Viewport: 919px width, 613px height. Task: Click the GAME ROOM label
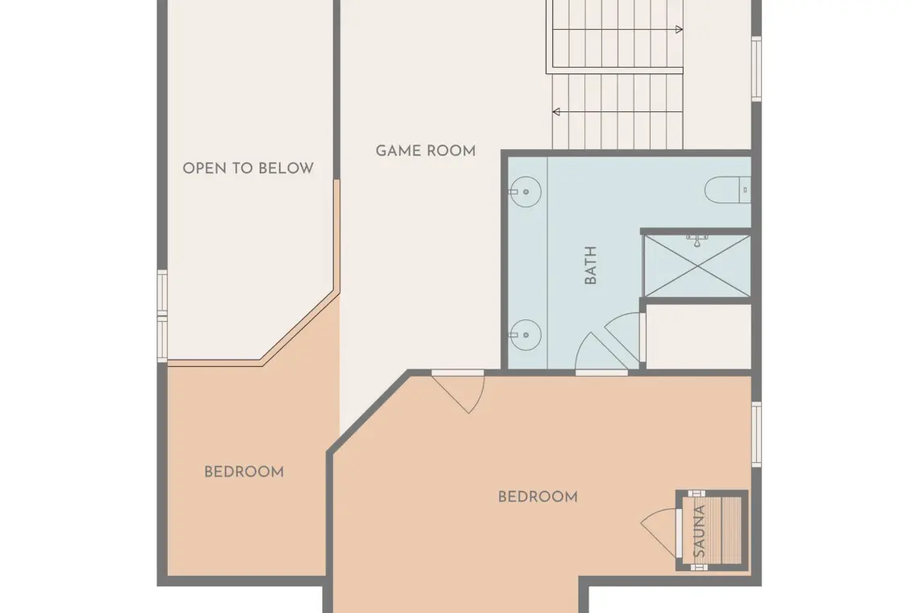tap(426, 151)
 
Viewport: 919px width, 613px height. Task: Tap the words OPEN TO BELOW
tap(248, 169)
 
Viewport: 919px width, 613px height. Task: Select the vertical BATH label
tap(591, 265)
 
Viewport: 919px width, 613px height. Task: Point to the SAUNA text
tap(699, 531)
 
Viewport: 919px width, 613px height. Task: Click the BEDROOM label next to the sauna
tap(538, 497)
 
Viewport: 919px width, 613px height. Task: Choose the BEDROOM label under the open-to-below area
tap(243, 472)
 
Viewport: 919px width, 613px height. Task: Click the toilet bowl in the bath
tap(721, 190)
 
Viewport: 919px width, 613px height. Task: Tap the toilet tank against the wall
tap(745, 190)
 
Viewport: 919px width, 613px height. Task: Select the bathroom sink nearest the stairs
tap(525, 192)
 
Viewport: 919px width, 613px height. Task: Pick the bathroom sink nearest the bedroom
tap(525, 335)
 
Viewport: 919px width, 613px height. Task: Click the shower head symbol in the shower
tap(697, 240)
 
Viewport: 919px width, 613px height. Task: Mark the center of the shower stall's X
tap(697, 265)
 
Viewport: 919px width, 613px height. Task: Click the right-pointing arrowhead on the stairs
tap(680, 29)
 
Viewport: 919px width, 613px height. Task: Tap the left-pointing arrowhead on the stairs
tap(556, 111)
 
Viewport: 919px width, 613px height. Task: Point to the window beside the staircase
tap(757, 69)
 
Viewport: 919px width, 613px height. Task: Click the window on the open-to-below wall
tap(162, 315)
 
